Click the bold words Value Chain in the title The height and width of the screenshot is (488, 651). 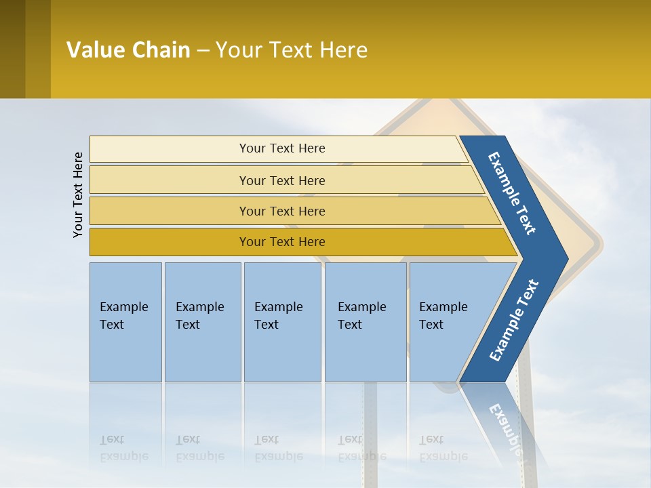click(x=128, y=49)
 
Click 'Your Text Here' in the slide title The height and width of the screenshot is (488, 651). click(x=292, y=49)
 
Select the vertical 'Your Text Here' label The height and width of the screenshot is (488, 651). click(x=79, y=195)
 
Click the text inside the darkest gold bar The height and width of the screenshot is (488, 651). click(x=282, y=242)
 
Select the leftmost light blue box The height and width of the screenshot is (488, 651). click(x=125, y=322)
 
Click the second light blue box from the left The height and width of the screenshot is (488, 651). click(x=202, y=322)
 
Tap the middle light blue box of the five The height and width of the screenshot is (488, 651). click(x=282, y=322)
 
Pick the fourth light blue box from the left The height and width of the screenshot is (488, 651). click(x=366, y=322)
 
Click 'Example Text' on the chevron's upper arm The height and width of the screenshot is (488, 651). click(x=512, y=193)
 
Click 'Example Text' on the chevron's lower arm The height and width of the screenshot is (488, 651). click(x=514, y=320)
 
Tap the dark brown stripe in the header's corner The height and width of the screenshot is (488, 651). click(x=12, y=49)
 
